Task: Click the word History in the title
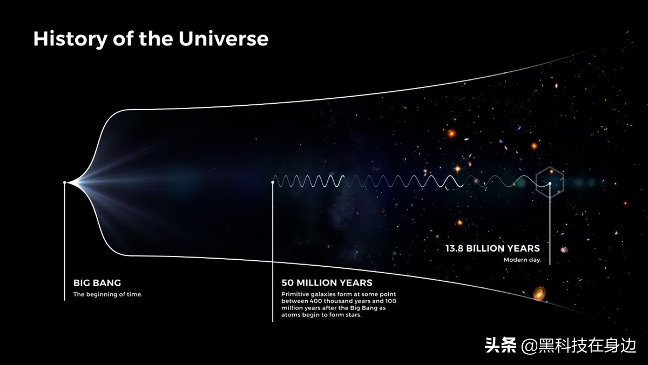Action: (70, 39)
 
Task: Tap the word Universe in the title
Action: (224, 39)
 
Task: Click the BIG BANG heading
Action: (97, 282)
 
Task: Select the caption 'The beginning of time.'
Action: (108, 294)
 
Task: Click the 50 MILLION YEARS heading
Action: (327, 282)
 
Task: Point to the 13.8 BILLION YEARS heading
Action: (492, 248)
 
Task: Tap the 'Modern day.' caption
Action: (523, 260)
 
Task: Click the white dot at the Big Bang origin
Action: (65, 182)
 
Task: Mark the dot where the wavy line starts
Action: (273, 182)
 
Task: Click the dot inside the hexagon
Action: (550, 183)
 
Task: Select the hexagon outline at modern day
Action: (536, 182)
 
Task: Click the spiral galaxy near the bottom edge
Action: (539, 293)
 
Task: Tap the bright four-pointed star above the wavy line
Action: (457, 168)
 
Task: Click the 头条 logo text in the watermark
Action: (501, 345)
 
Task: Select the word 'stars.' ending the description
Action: (354, 315)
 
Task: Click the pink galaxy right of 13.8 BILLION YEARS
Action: (564, 249)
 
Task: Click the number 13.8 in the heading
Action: (454, 248)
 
